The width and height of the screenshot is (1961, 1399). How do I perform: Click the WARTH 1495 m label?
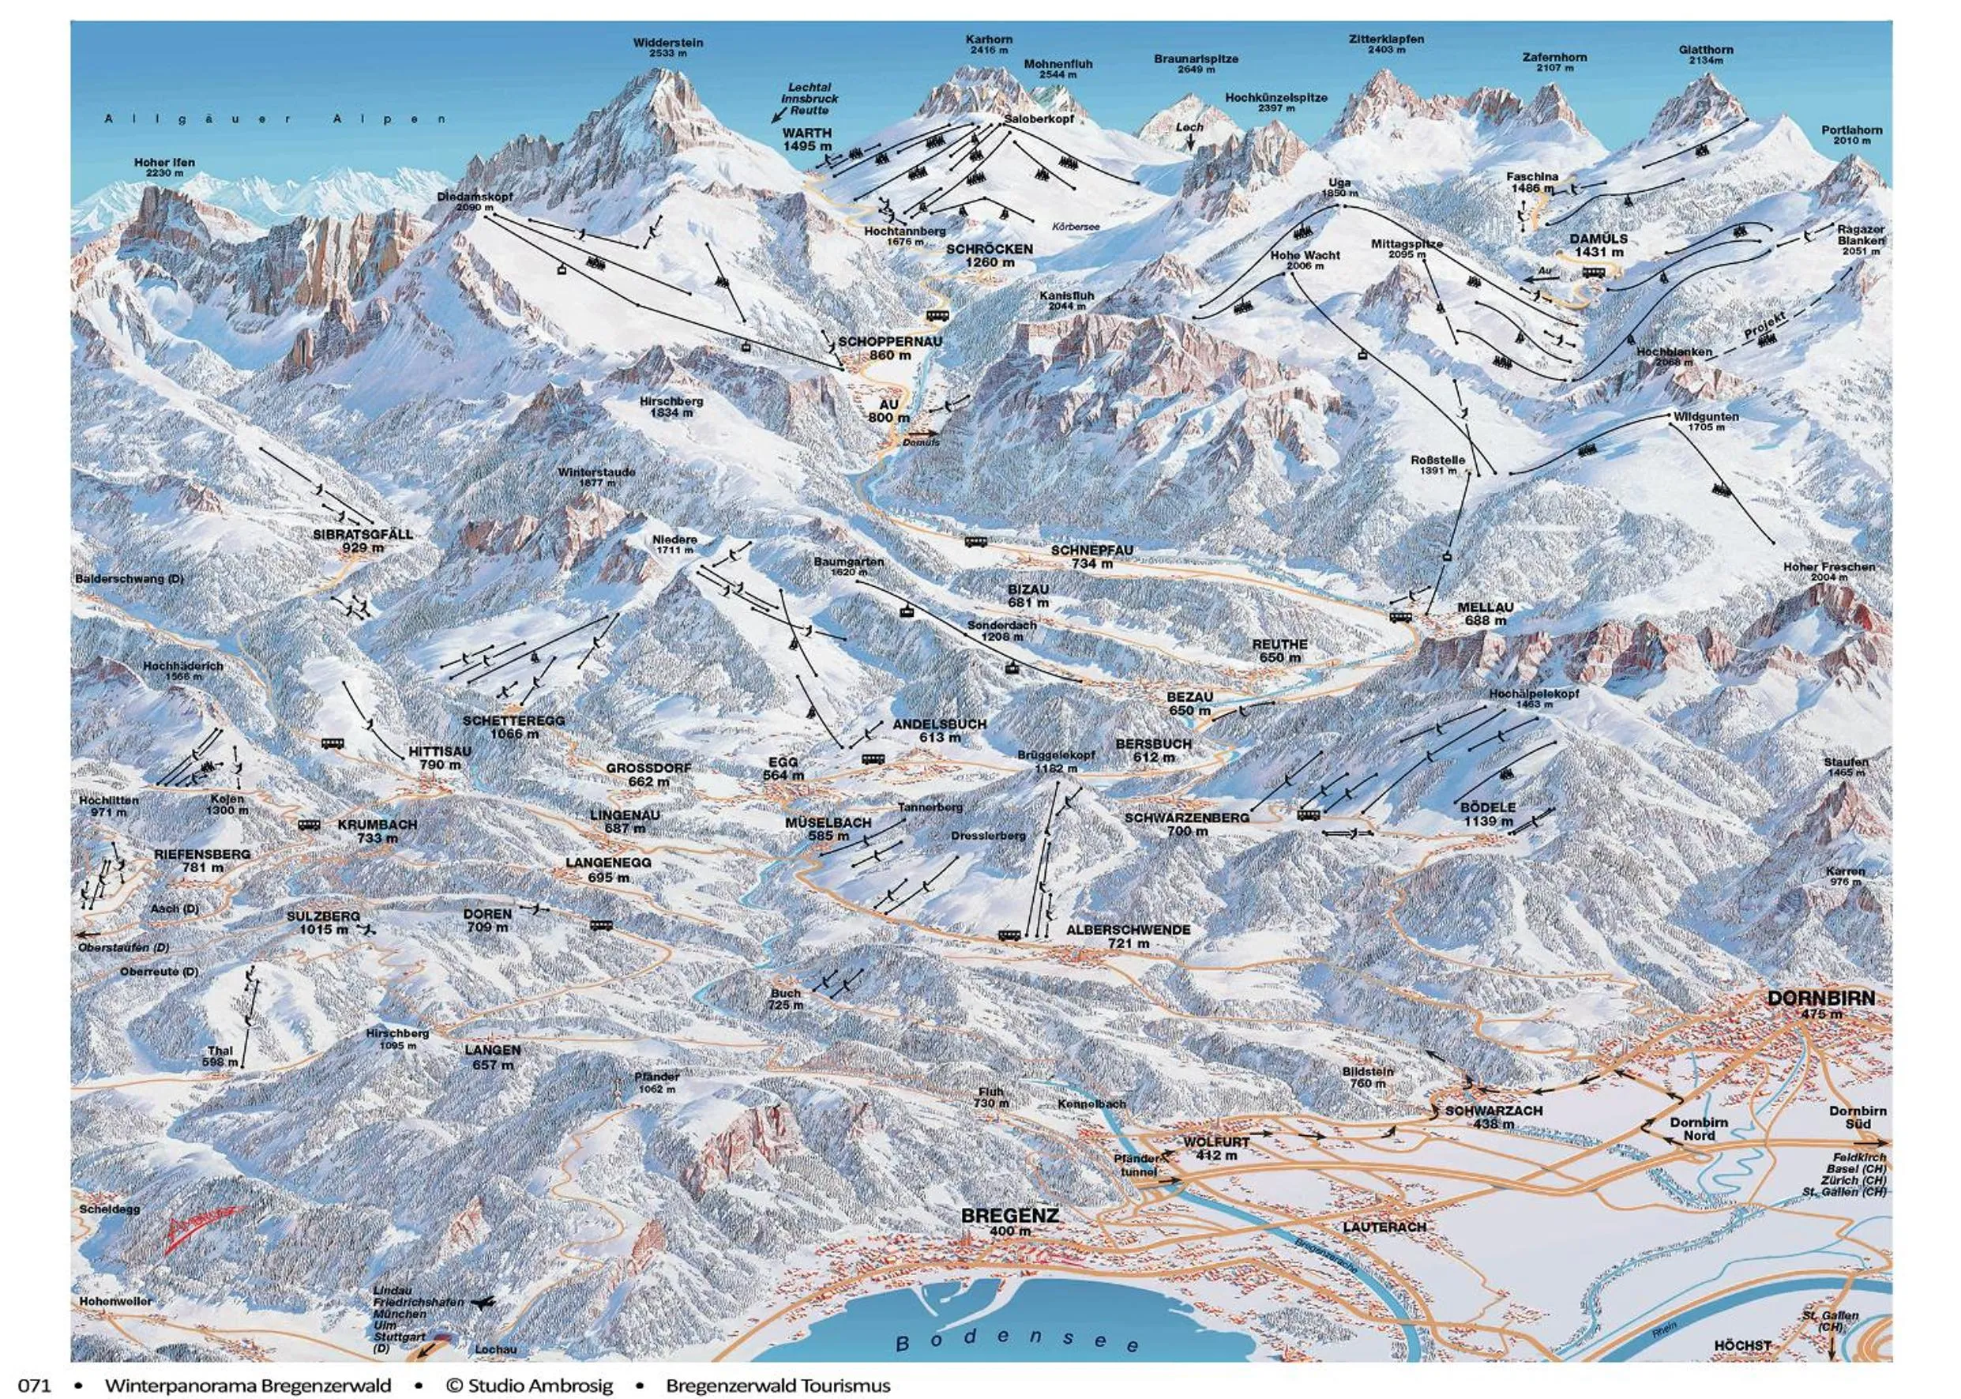(807, 140)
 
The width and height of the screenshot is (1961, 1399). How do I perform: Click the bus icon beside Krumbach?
(309, 825)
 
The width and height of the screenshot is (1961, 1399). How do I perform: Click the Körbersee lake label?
(1076, 226)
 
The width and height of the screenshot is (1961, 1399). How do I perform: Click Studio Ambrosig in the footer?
(529, 1386)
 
